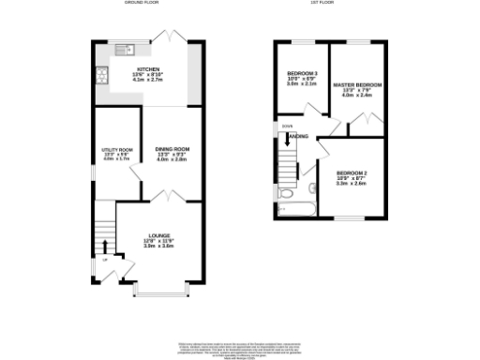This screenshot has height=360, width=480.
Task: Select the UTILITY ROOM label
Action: point(117,150)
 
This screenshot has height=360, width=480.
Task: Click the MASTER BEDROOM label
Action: point(357,85)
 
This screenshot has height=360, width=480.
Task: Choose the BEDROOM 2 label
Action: point(351,173)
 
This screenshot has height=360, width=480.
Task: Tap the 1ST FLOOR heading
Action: point(331,4)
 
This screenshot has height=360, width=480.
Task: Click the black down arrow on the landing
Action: point(287,142)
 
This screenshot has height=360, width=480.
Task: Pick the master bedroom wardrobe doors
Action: point(359,121)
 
